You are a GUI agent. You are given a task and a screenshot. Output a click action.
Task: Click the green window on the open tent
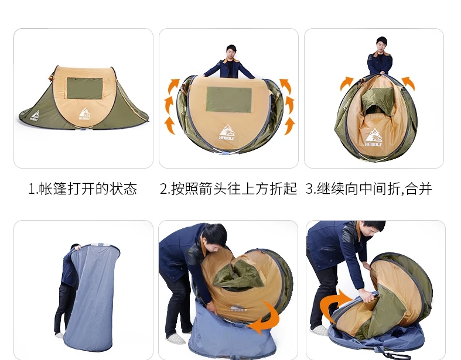tap(85, 88)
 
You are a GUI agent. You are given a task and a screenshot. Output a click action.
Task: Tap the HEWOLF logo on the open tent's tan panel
tap(85, 114)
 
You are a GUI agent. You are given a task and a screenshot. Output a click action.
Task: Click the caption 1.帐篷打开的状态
tap(83, 188)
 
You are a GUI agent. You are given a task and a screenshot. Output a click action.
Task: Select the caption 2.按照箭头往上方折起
tap(228, 188)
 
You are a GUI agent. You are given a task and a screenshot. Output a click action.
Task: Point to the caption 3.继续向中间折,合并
tap(368, 188)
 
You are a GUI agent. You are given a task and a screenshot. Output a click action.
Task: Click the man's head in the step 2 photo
tap(231, 52)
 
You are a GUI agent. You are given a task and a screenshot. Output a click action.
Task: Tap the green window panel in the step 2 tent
tap(229, 100)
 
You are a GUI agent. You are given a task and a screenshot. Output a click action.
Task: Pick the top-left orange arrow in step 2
tap(174, 86)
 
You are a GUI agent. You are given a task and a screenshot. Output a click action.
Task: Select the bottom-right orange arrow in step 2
tap(289, 126)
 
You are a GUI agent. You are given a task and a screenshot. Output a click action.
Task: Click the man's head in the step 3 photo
tap(381, 44)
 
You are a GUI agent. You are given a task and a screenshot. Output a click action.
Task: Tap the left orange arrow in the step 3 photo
tap(346, 83)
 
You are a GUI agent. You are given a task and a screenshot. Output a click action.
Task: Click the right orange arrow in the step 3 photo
tap(408, 83)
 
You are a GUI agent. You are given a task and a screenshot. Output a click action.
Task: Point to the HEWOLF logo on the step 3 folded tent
tap(373, 137)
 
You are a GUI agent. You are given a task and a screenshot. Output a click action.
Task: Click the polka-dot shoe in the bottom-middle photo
tap(175, 338)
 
